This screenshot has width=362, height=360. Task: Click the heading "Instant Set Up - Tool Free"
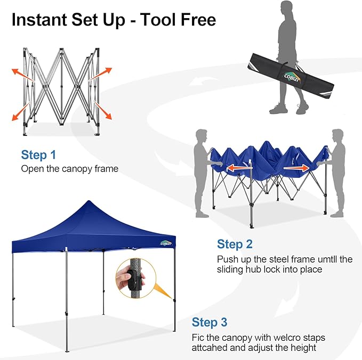[x=114, y=20]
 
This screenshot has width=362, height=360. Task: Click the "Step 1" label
[x=38, y=155]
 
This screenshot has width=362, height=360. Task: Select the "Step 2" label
[x=235, y=244]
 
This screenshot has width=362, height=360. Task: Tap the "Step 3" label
[x=210, y=322]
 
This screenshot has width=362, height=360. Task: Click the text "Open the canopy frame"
[x=69, y=169]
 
